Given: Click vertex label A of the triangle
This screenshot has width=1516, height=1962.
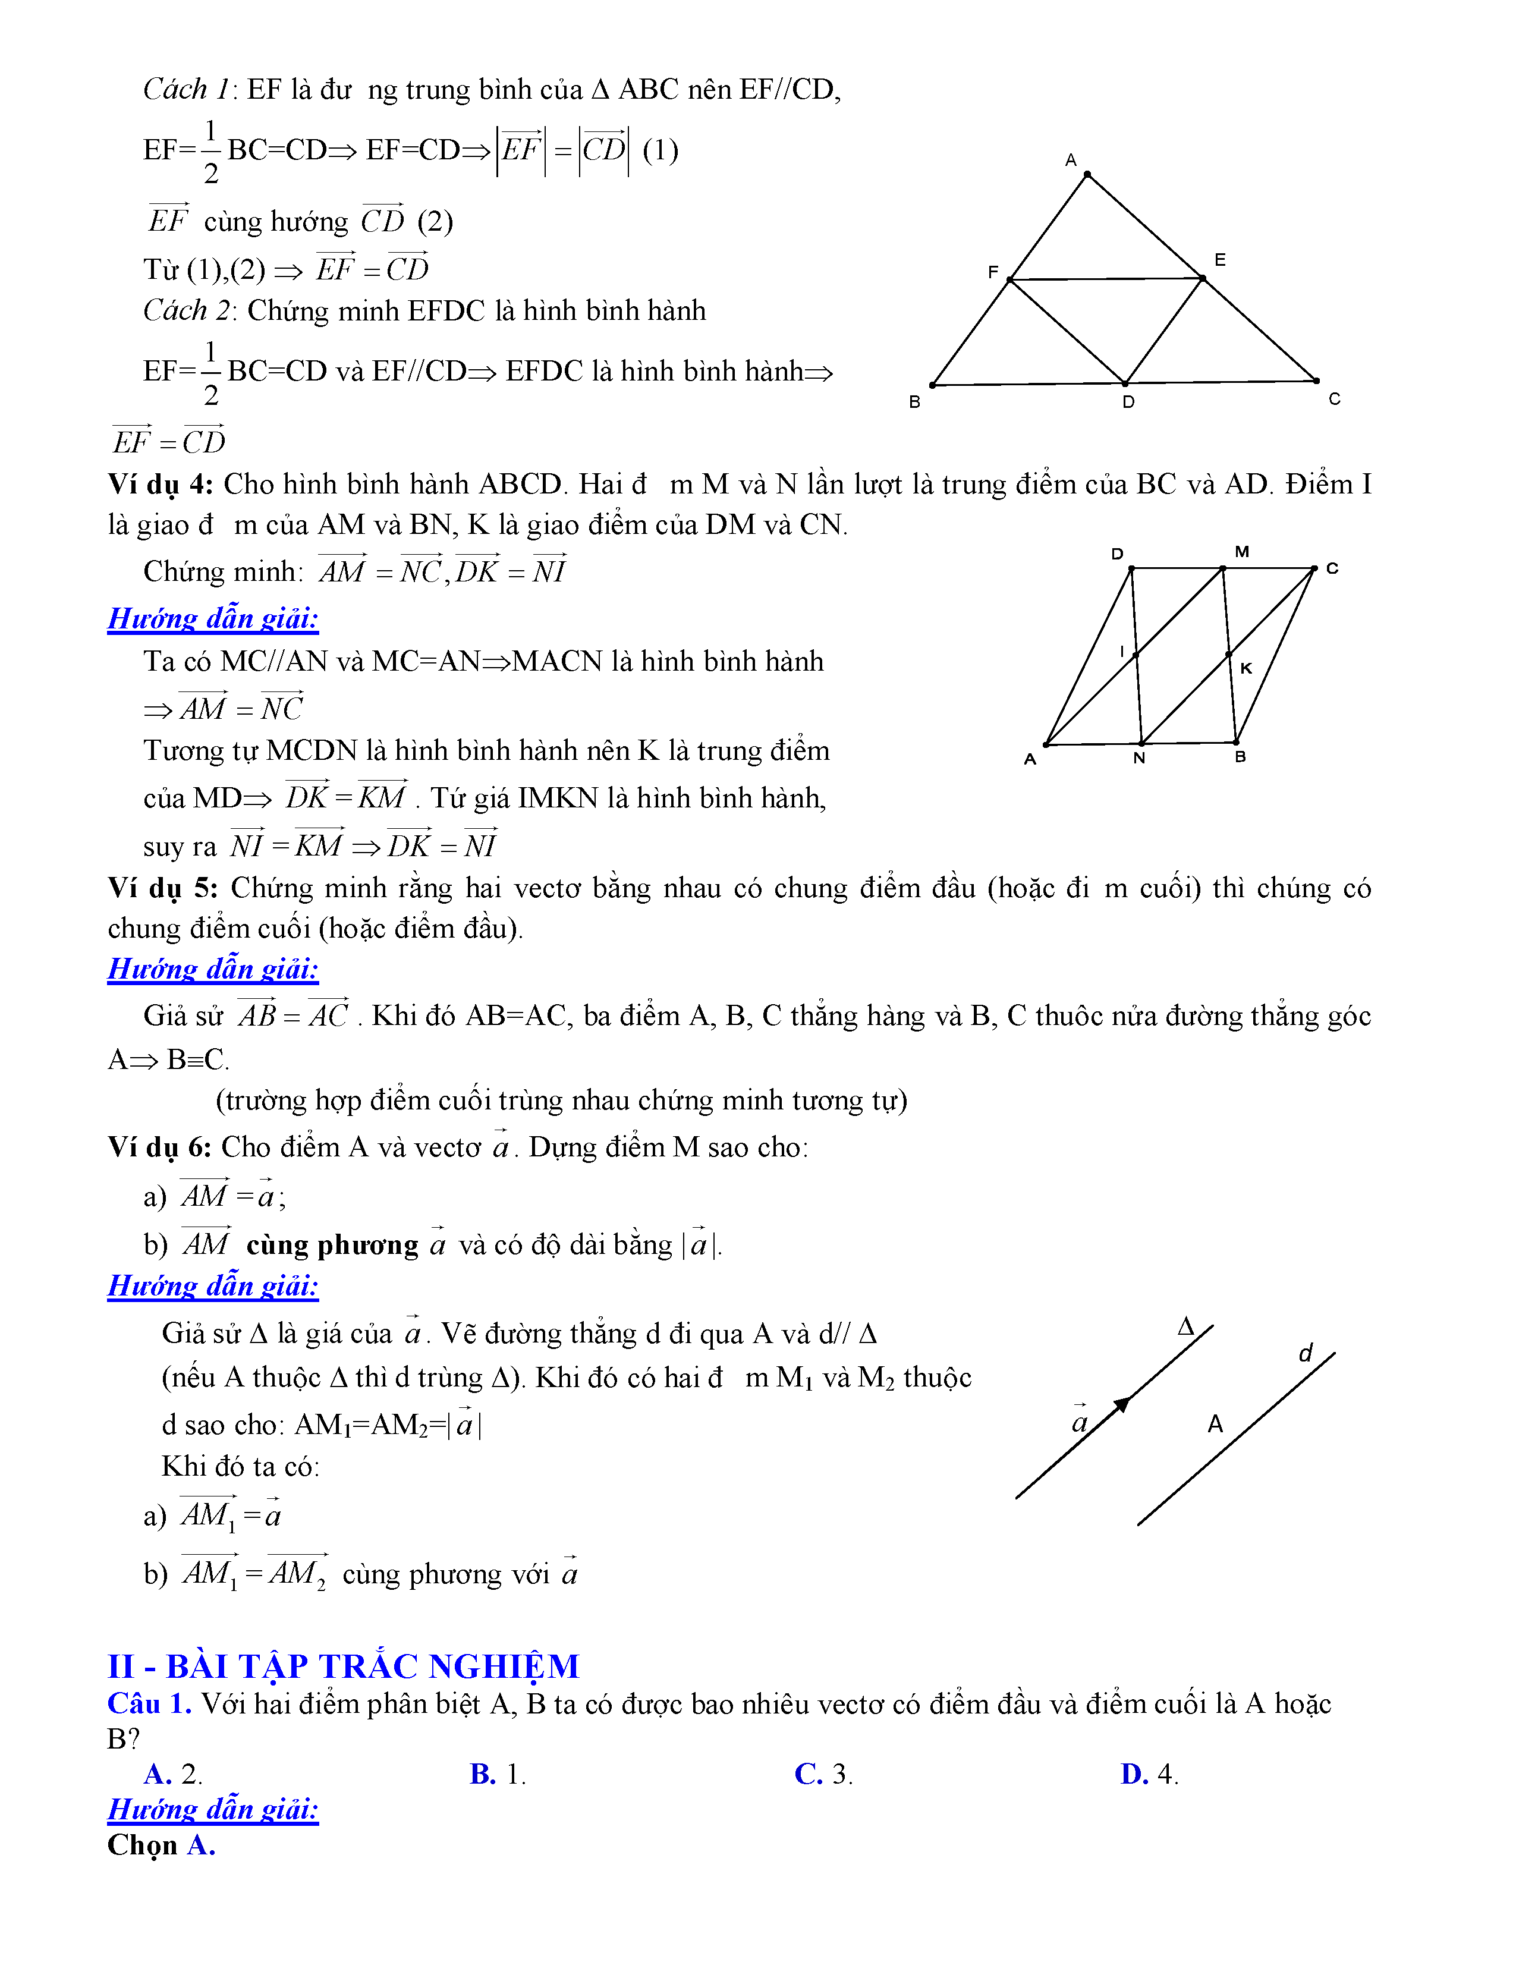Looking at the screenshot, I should coord(1071,160).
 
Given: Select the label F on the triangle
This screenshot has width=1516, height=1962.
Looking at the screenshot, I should coord(992,271).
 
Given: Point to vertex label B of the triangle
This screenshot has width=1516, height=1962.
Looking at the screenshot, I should coord(914,401).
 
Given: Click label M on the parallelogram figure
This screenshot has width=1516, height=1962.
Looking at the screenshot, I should coord(1242,552).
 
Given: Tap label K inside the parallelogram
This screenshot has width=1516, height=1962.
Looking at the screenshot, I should coord(1245,668).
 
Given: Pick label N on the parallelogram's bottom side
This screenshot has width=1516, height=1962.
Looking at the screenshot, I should coord(1139,758).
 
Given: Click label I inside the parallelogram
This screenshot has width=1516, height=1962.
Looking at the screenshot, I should coord(1122,650).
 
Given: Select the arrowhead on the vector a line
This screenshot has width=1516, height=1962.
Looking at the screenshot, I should coord(1122,1405).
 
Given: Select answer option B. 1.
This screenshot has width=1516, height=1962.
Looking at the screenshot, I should coord(498,1774).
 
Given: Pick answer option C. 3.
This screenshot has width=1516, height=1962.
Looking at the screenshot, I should coord(823,1774).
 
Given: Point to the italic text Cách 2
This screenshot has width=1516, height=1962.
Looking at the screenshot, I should coord(187,310).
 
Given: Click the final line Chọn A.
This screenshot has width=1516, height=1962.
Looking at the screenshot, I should coord(162,1844).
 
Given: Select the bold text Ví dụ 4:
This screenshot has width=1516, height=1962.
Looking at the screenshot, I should coord(160,484).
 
